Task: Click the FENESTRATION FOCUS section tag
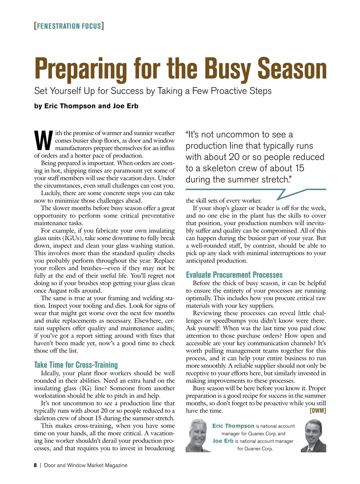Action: click(69, 26)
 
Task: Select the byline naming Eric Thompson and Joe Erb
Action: click(86, 106)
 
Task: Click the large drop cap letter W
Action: click(43, 140)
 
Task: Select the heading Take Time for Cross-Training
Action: click(76, 365)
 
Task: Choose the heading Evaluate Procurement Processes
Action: click(234, 275)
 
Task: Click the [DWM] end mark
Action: click(317, 411)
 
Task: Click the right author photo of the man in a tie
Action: click(313, 436)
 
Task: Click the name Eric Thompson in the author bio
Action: click(233, 426)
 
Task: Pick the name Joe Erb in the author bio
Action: click(223, 441)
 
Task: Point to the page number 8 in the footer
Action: click(35, 465)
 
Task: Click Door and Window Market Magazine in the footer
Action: click(85, 465)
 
